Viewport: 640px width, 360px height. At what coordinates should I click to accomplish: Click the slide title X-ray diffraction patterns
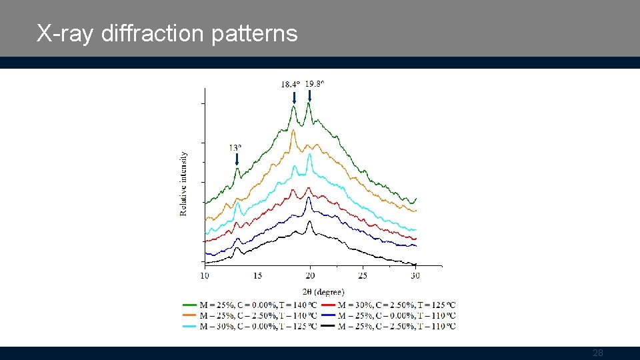(167, 33)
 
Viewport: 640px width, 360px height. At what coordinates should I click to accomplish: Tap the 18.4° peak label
(290, 85)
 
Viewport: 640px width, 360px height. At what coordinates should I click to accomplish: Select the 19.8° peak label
(315, 84)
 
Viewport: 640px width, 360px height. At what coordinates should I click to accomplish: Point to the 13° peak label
(235, 148)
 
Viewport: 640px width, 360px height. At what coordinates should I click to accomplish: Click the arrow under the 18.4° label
(294, 97)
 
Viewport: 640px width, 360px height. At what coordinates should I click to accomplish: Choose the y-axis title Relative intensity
(184, 183)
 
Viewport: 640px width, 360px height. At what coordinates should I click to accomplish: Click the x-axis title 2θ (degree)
(324, 291)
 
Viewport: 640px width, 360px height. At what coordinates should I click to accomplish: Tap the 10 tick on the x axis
(205, 275)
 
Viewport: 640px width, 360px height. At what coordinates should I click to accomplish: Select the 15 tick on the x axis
(257, 275)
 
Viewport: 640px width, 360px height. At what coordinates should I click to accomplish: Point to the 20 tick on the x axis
(310, 275)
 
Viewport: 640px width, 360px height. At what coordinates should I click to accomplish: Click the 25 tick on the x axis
(363, 275)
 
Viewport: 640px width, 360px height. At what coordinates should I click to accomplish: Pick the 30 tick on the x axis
(415, 275)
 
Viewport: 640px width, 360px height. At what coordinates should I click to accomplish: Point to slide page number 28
(598, 353)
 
